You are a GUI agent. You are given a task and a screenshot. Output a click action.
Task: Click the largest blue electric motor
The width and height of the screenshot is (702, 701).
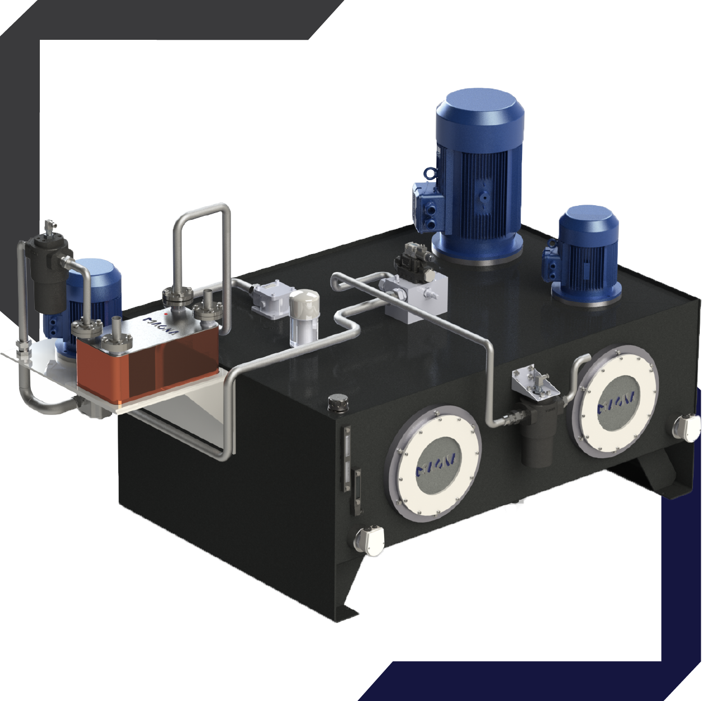[x=479, y=174]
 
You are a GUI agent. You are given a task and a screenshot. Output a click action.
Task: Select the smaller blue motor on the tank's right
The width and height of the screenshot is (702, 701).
[x=586, y=255]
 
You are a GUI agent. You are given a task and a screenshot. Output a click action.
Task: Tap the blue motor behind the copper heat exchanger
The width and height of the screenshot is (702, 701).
[x=98, y=292]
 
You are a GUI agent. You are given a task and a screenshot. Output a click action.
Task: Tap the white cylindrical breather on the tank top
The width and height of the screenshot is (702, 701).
[x=303, y=317]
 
